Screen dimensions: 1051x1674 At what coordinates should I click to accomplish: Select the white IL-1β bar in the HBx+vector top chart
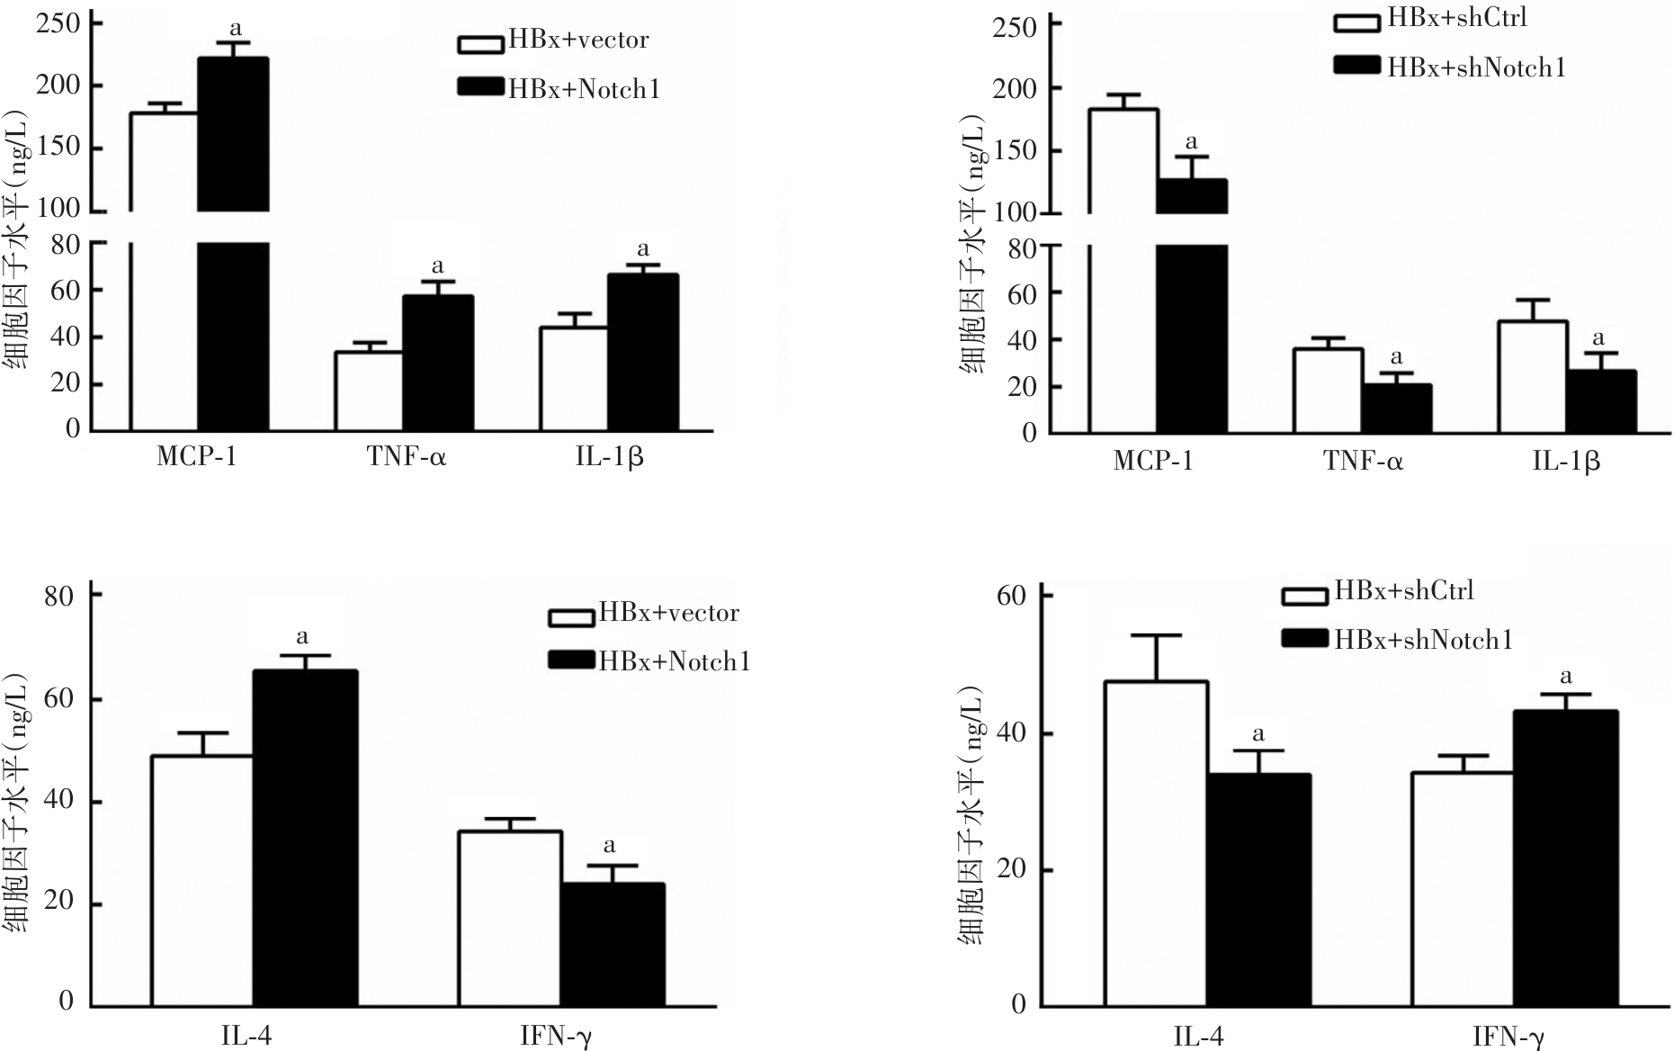(x=573, y=378)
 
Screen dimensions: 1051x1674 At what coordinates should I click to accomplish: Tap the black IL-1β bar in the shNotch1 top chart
(x=1600, y=401)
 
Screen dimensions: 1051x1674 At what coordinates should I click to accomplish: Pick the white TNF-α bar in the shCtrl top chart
(x=1327, y=391)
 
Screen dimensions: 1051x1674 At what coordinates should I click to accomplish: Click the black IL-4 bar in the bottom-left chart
(x=304, y=837)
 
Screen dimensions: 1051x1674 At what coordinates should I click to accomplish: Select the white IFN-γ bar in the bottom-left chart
(x=510, y=918)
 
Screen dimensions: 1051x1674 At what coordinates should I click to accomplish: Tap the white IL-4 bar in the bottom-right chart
(x=1157, y=843)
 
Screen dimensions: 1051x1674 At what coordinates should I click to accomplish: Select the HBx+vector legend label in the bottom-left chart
(x=669, y=614)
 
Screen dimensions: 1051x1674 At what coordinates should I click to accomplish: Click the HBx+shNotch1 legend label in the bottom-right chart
(x=1423, y=640)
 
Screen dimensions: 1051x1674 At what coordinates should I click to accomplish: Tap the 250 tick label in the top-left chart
(x=58, y=23)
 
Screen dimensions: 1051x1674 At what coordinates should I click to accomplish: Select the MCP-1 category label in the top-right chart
(x=1153, y=462)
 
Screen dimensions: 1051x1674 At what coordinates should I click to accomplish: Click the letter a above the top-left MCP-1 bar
(x=236, y=29)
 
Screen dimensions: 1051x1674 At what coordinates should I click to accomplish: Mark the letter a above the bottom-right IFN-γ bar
(x=1566, y=677)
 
